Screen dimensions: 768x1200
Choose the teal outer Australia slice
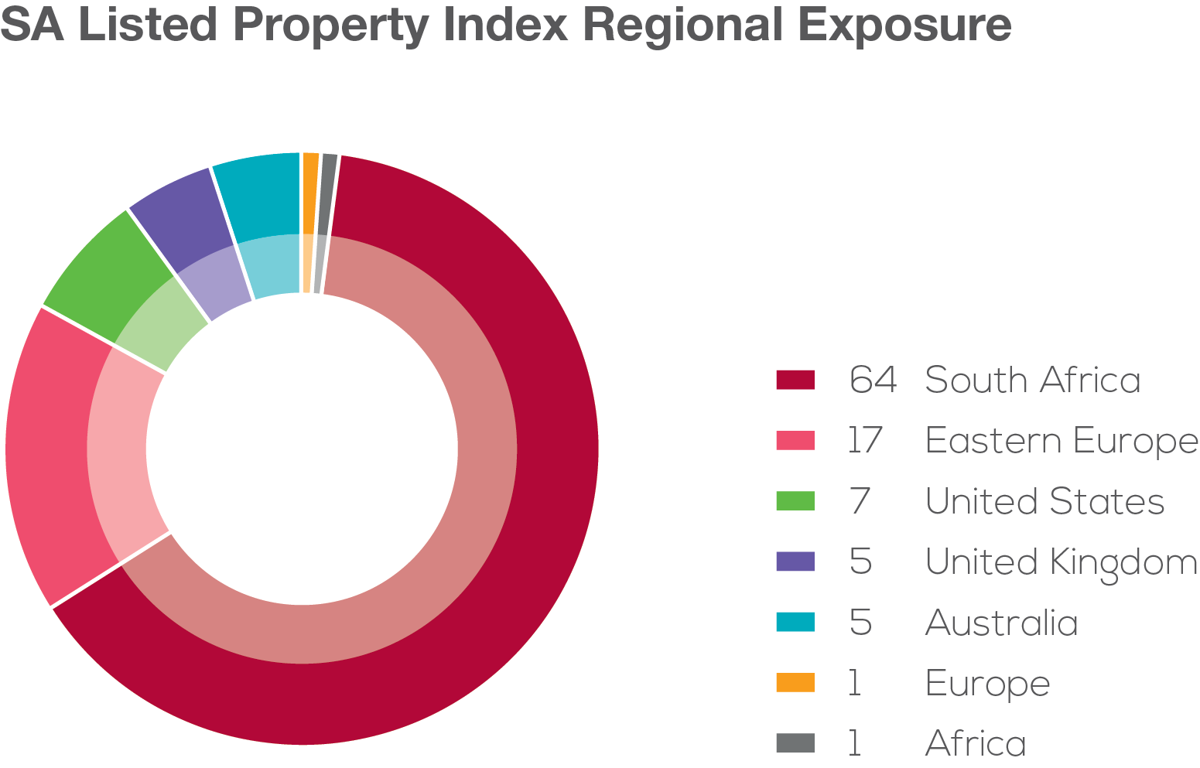(x=259, y=193)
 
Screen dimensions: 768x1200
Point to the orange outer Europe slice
(x=310, y=193)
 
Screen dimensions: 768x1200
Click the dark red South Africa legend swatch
(x=795, y=380)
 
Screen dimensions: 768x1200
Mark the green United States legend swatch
(x=795, y=501)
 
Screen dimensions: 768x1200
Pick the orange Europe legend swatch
(x=795, y=683)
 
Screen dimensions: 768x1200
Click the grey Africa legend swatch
(x=795, y=743)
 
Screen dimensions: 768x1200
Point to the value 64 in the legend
(x=872, y=380)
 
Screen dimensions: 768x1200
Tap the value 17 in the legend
(x=864, y=441)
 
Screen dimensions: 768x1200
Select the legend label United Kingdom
(x=1061, y=562)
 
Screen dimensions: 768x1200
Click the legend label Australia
(x=1001, y=623)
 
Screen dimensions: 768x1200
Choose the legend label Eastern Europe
(x=1061, y=441)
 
